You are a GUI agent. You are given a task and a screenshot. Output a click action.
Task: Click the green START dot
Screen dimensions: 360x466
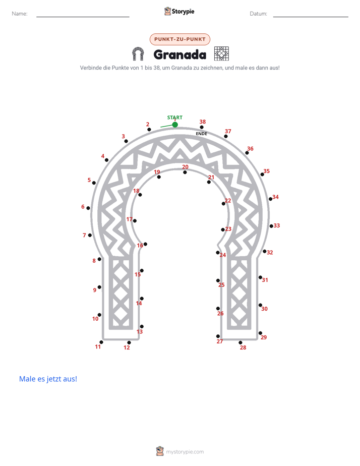pyautogui.click(x=175, y=125)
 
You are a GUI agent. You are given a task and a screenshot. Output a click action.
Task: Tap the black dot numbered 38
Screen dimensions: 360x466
pyautogui.click(x=202, y=127)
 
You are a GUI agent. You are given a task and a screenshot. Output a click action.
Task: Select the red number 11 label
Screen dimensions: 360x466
pyautogui.click(x=98, y=346)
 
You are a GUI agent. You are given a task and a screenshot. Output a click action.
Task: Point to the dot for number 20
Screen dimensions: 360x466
pyautogui.click(x=185, y=172)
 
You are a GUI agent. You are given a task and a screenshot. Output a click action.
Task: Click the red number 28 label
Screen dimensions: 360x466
pyautogui.click(x=243, y=347)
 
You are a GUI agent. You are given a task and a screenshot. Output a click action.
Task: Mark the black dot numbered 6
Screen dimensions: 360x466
pyautogui.click(x=88, y=208)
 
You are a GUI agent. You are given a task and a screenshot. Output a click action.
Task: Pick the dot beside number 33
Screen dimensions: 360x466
pyautogui.click(x=271, y=226)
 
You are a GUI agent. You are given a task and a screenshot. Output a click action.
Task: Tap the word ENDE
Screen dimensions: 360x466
pyautogui.click(x=201, y=134)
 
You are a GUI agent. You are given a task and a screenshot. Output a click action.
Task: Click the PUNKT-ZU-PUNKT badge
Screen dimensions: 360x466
pyautogui.click(x=180, y=39)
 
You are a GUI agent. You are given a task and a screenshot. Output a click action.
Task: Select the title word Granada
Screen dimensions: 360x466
pyautogui.click(x=180, y=54)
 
